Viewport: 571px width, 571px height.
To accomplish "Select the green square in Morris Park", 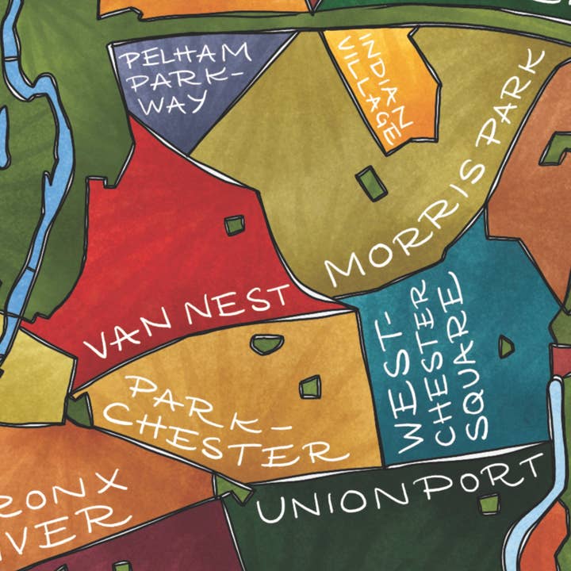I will [x=371, y=183].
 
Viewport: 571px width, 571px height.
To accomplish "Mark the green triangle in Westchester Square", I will [x=505, y=346].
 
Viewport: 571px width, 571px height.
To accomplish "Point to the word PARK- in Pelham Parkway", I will [x=171, y=79].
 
